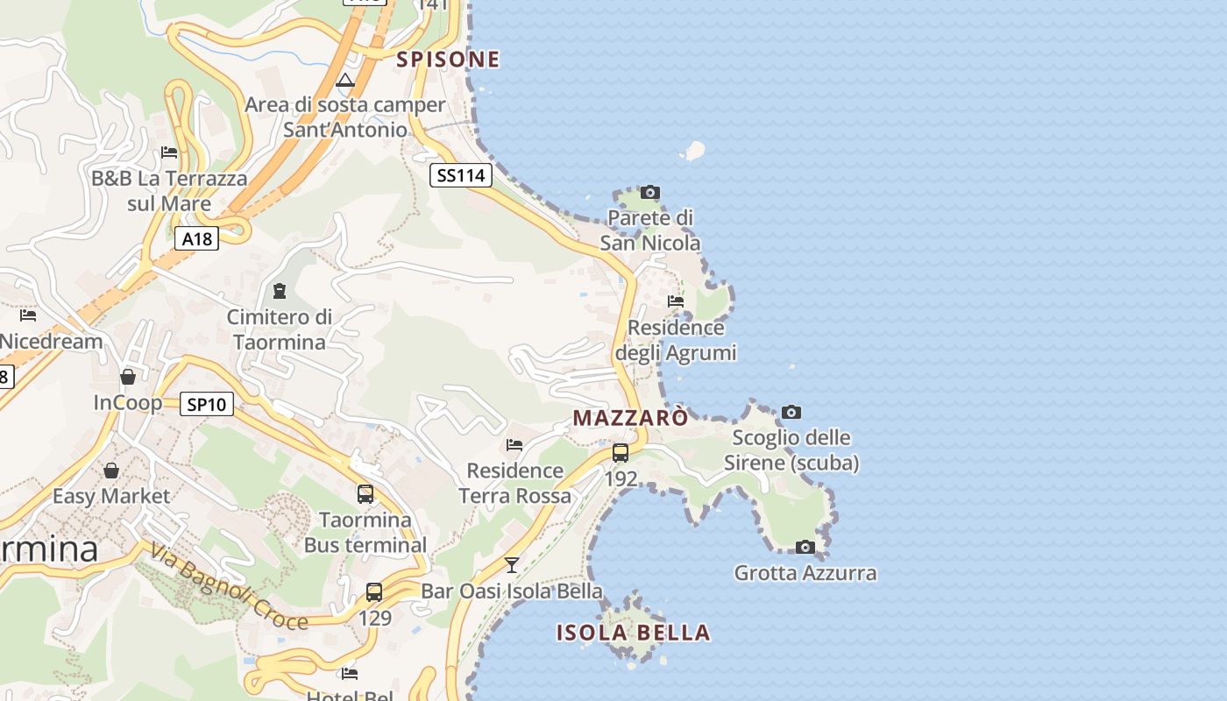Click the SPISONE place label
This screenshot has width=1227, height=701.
(x=448, y=60)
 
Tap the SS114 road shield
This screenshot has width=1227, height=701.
(x=461, y=175)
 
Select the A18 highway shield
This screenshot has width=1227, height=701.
(x=196, y=238)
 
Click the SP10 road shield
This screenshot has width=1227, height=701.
(x=207, y=404)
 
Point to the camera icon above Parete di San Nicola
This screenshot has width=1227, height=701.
(x=649, y=192)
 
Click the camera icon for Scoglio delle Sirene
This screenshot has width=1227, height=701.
(x=791, y=412)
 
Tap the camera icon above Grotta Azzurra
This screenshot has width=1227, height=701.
(x=805, y=548)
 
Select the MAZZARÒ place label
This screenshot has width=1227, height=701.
(x=631, y=419)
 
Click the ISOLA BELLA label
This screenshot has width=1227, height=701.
(x=633, y=633)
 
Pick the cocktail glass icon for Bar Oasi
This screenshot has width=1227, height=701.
(x=512, y=565)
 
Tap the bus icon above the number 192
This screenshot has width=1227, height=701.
(x=621, y=453)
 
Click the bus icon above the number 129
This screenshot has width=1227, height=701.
(x=374, y=592)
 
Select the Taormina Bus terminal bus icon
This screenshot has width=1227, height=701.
(x=365, y=494)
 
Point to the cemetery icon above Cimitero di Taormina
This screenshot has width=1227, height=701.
(x=280, y=290)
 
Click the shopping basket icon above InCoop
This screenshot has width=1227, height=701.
(x=128, y=377)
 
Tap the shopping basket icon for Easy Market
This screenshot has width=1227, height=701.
(x=111, y=471)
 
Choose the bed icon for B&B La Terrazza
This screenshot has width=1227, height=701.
(x=169, y=152)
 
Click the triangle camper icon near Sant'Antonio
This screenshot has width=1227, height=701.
(x=345, y=81)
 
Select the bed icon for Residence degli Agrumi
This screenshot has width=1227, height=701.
(x=676, y=301)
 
